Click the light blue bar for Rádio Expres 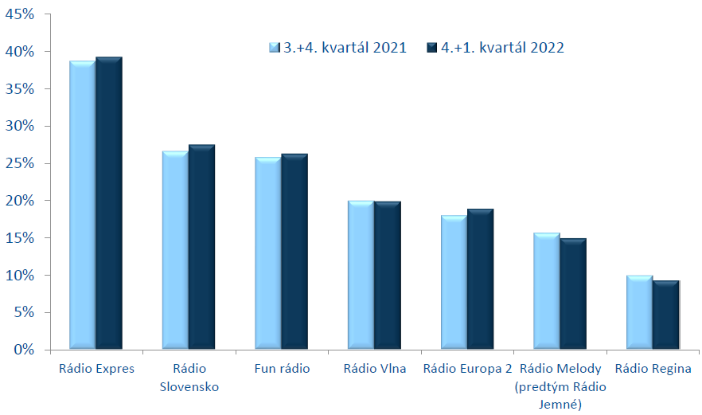pyautogui.click(x=83, y=205)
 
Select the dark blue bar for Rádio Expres pyautogui.click(x=109, y=203)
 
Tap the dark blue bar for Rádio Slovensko pyautogui.click(x=201, y=247)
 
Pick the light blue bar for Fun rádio pyautogui.click(x=268, y=253)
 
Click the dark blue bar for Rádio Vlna pyautogui.click(x=388, y=275)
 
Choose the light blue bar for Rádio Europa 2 pyautogui.click(x=454, y=282)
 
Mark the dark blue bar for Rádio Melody pyautogui.click(x=573, y=294)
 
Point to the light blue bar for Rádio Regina pyautogui.click(x=639, y=312)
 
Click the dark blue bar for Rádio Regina pyautogui.click(x=665, y=315)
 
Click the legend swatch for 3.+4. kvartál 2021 pyautogui.click(x=274, y=48)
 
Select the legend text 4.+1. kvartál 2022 pyautogui.click(x=502, y=48)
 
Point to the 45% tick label pyautogui.click(x=20, y=14)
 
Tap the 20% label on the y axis pyautogui.click(x=20, y=200)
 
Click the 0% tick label pyautogui.click(x=24, y=350)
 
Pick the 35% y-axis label pyautogui.click(x=20, y=88)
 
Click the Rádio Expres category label pyautogui.click(x=97, y=369)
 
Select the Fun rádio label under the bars pyautogui.click(x=282, y=368)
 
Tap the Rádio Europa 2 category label pyautogui.click(x=467, y=369)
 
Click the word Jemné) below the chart pyautogui.click(x=560, y=405)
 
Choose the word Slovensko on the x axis pyautogui.click(x=189, y=387)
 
